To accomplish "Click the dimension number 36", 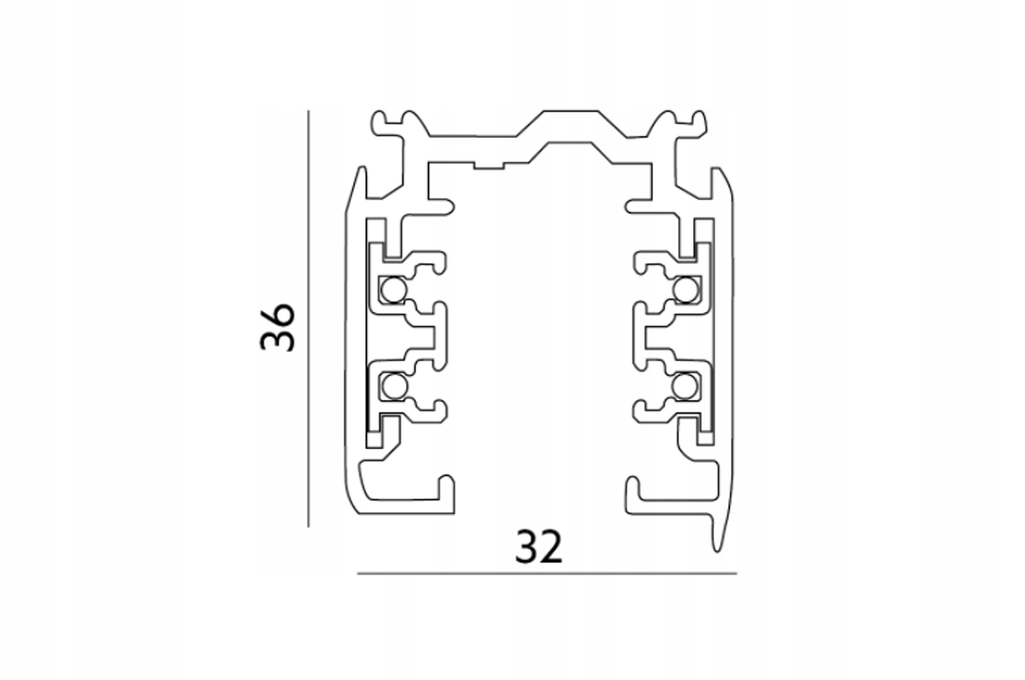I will pos(277,327).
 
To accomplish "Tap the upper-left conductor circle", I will pos(394,290).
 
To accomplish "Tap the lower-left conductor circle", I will pos(394,386).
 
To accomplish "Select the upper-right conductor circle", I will pos(685,289).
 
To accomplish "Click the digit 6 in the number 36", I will pos(277,315).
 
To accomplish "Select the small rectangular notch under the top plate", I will pos(488,166).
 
